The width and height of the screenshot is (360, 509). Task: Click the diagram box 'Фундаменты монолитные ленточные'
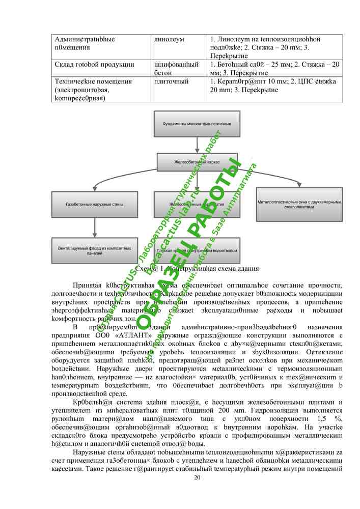coord(197,124)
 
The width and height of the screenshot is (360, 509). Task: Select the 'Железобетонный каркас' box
coord(197,162)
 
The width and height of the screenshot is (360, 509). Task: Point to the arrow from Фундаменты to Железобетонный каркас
coord(197,144)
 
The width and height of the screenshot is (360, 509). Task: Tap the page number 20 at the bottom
coord(197,477)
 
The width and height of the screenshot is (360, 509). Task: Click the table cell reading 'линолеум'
coord(169,39)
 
